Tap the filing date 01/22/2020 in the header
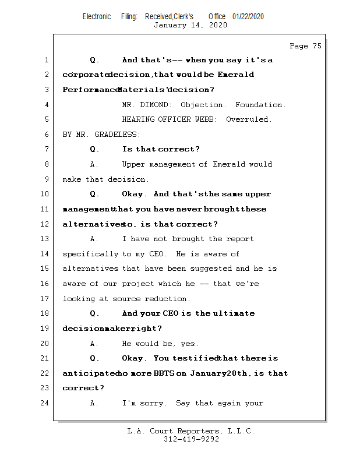tap(248, 17)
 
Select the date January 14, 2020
tap(190, 25)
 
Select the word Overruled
tap(249, 119)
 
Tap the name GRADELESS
tap(117, 135)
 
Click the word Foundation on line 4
tap(260, 105)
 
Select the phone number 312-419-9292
tap(191, 440)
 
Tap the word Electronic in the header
tap(97, 17)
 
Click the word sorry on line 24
tap(151, 403)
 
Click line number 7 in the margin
tap(46, 149)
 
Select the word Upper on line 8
tap(133, 164)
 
